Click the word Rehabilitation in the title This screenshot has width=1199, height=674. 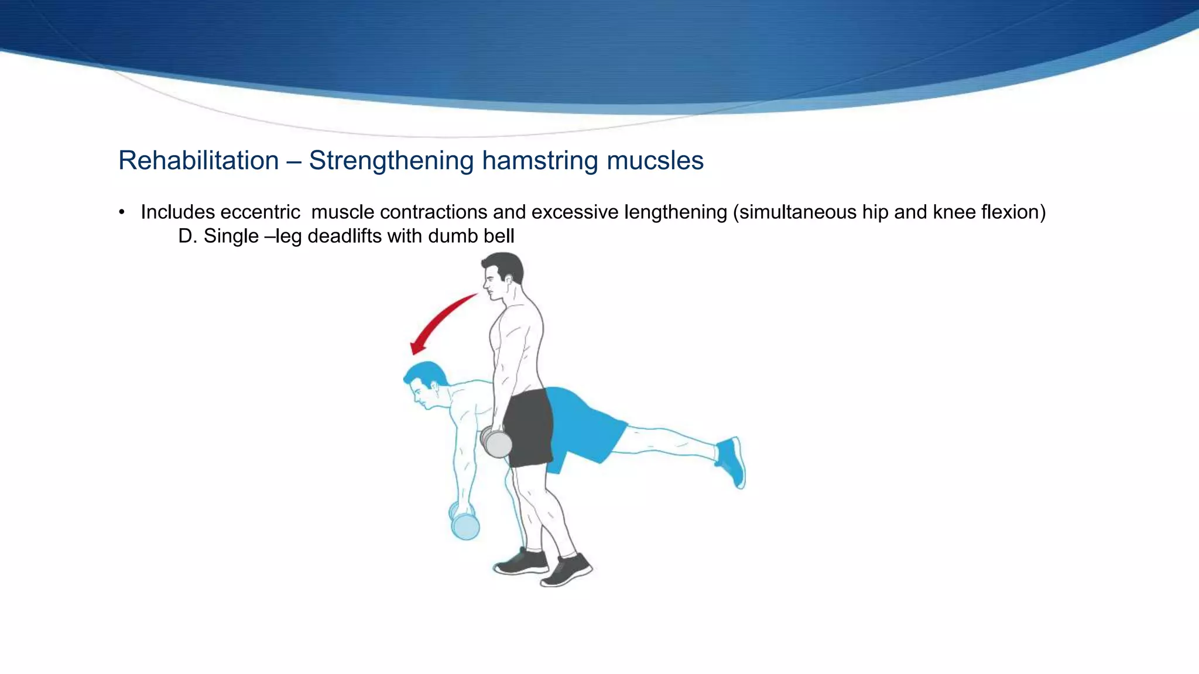coord(198,160)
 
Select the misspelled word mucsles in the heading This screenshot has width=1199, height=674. coord(655,160)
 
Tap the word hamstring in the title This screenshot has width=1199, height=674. coord(539,160)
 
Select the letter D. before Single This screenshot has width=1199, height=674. coord(187,236)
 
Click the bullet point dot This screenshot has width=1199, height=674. coord(122,212)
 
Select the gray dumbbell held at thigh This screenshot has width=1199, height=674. coord(496,442)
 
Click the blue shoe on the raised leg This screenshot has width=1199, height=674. coord(732,461)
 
